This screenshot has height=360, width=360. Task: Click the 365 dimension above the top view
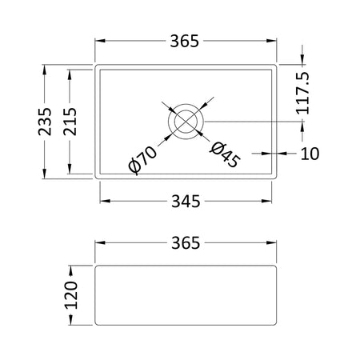point(185,41)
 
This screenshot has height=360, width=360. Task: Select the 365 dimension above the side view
point(186,243)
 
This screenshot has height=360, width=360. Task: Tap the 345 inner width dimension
point(186,202)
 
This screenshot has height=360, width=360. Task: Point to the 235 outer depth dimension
point(45,122)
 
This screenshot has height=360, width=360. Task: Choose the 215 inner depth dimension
point(70,122)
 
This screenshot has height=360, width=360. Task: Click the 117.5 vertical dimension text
point(303,93)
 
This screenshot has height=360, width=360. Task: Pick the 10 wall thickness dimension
point(310,154)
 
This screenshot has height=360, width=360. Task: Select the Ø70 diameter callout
point(142,160)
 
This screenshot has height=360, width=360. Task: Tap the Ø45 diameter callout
point(225,155)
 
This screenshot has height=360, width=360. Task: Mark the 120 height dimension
point(71,295)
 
